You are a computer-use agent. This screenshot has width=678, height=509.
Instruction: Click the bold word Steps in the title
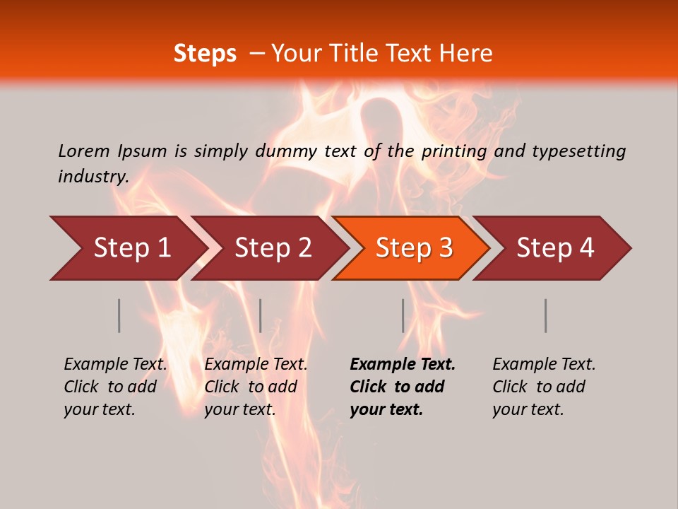205,54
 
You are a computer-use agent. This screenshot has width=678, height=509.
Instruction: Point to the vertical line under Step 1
119,315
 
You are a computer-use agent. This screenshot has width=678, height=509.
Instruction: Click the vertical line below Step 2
261,315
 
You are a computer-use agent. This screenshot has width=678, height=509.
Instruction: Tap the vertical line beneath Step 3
403,315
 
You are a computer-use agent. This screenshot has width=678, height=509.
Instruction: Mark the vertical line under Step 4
546,315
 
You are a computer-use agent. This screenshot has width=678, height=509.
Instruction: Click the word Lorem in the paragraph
84,151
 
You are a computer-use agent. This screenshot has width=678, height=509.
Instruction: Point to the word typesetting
578,151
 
